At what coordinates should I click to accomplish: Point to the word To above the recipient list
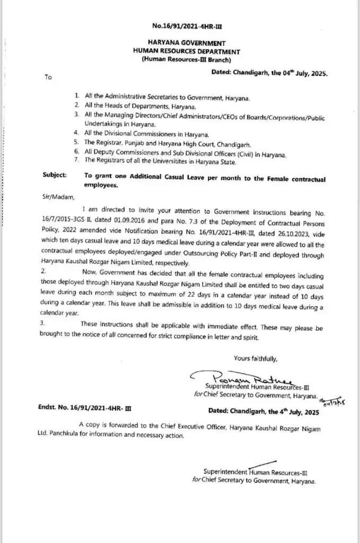coord(48,77)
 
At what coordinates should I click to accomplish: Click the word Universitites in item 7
coord(182,162)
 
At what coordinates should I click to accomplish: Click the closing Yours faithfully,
coord(255,359)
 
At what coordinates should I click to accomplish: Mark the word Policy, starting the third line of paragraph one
coord(51,232)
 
